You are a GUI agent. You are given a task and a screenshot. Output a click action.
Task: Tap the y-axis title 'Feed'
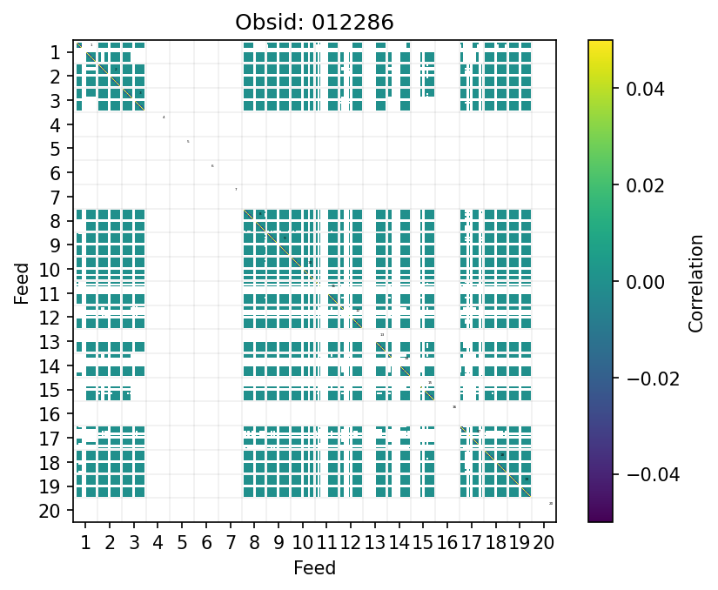pos(22,282)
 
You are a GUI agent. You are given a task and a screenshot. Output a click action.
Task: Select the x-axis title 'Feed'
pos(315,568)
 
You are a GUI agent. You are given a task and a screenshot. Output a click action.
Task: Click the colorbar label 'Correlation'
pos(695,282)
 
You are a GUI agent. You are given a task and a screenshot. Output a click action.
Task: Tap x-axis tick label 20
pos(544,544)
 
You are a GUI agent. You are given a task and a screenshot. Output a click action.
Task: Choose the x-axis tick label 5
pos(182,544)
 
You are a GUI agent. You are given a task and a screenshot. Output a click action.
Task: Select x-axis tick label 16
pos(447,544)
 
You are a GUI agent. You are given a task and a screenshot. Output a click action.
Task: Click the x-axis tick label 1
pos(85,544)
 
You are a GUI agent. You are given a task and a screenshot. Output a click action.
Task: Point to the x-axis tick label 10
pos(303,544)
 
